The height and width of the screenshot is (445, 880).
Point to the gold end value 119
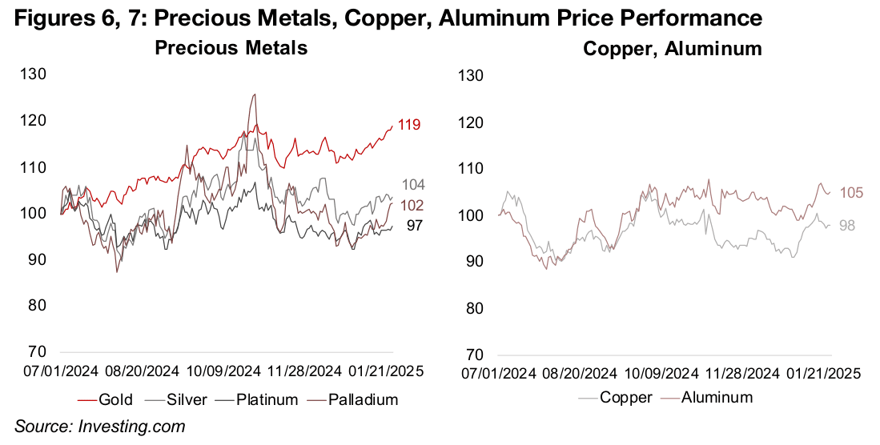(410, 125)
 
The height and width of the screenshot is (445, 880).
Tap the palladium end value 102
(413, 204)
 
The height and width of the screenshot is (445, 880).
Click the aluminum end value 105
(850, 192)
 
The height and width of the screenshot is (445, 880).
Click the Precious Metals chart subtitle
(231, 49)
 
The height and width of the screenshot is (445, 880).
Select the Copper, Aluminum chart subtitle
(672, 49)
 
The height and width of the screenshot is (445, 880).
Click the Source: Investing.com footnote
(100, 427)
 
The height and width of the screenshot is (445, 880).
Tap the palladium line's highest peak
(255, 94)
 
